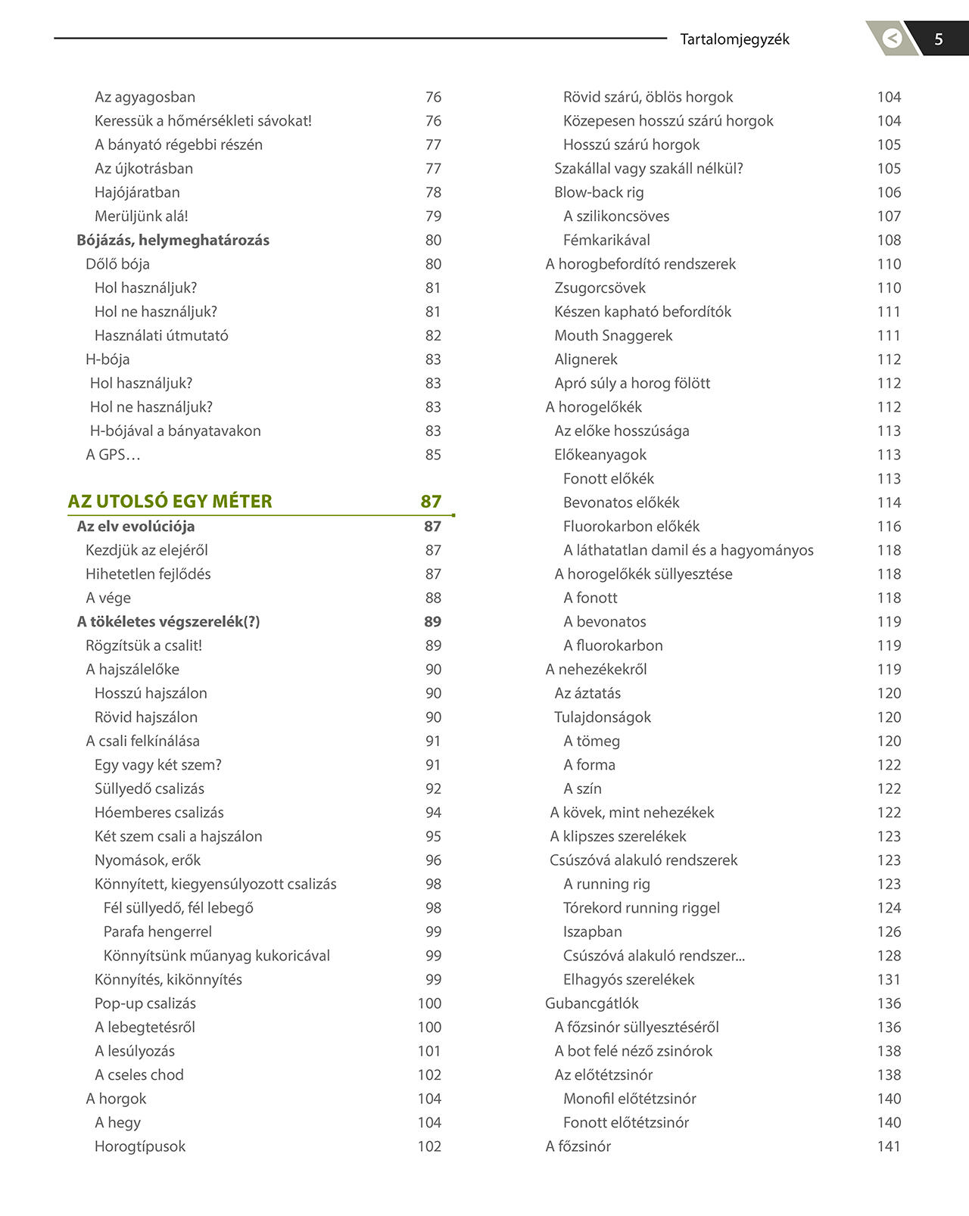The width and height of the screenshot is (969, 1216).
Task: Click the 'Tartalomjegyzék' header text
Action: [734, 39]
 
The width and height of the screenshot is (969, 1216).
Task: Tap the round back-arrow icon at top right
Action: [893, 38]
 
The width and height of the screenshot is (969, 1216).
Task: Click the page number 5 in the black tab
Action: [939, 39]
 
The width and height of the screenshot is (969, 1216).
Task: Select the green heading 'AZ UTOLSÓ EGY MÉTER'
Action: [170, 501]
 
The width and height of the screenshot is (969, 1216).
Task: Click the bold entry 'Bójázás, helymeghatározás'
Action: [173, 240]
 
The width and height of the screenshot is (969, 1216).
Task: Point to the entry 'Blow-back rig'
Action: [599, 192]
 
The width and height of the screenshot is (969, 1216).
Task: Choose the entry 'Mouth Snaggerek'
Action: [613, 335]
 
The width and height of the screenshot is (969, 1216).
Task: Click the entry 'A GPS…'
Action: [113, 455]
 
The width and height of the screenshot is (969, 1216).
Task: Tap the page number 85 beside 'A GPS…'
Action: [433, 455]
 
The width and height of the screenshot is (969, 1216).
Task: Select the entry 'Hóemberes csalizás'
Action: [159, 813]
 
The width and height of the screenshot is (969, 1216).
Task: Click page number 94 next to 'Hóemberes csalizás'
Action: [433, 813]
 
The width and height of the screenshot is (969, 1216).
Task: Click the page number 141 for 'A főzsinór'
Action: [889, 1146]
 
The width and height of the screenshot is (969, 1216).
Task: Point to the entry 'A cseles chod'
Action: [139, 1074]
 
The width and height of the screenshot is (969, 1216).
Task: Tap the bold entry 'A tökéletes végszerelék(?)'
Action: [168, 621]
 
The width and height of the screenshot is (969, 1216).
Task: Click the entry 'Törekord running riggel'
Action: [641, 908]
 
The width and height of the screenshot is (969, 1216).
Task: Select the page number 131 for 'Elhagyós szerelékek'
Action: [889, 979]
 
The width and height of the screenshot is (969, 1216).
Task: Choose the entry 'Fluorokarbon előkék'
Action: [631, 526]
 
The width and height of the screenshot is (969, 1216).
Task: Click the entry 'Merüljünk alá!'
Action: [142, 216]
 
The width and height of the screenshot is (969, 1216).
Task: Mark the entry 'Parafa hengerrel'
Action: [157, 931]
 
